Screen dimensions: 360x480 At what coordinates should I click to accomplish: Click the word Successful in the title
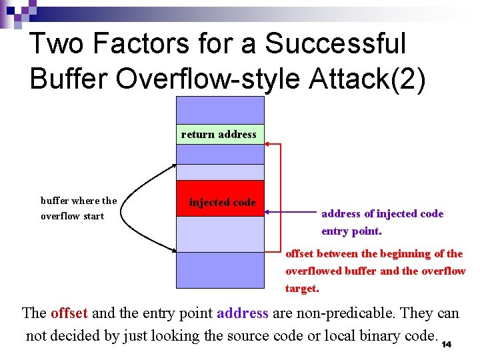pos(335,44)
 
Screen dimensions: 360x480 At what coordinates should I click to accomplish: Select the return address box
pos(219,134)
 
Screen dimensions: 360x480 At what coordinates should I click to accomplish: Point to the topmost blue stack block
pos(220,110)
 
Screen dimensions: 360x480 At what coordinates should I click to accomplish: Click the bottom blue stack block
pos(220,270)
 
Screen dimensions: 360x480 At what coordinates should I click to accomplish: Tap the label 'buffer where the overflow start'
pos(78,208)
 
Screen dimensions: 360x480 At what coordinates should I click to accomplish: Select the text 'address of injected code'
pos(382,213)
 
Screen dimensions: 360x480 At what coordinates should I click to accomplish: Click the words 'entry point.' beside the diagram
pos(351,231)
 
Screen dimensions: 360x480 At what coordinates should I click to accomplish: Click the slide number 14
pos(447,344)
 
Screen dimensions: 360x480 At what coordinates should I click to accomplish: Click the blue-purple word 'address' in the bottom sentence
pos(242,313)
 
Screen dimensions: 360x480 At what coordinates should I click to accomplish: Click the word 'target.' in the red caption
pos(302,288)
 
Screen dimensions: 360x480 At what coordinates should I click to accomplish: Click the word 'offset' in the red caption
pos(299,253)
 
